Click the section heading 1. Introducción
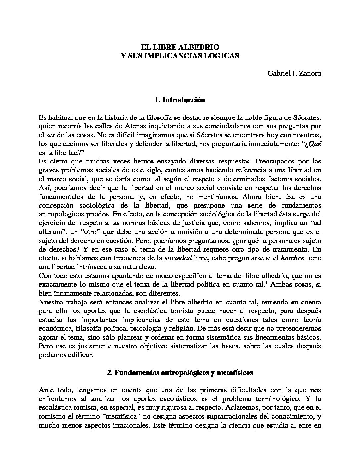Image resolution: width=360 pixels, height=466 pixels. pyautogui.click(x=180, y=100)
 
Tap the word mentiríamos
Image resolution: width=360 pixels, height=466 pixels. pyautogui.click(x=212, y=197)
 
